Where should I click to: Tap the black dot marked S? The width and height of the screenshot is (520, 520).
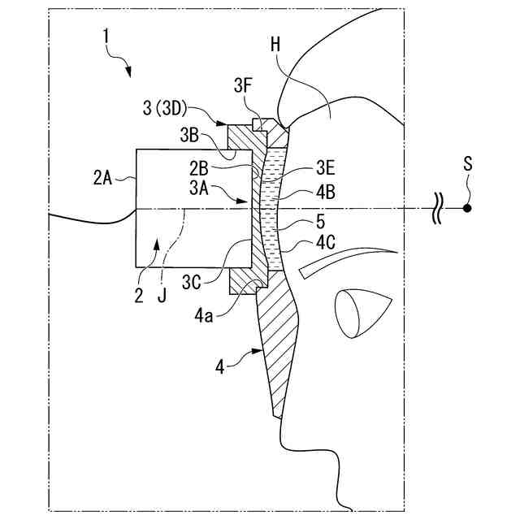(x=467, y=209)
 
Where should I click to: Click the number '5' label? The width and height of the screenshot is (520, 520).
(x=321, y=221)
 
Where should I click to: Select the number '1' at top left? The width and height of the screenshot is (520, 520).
(x=106, y=35)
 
